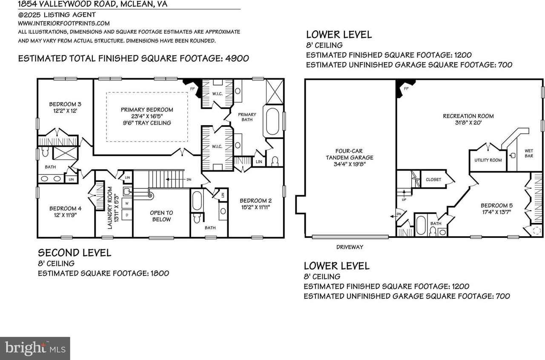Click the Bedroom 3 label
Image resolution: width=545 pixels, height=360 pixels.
click(x=65, y=104)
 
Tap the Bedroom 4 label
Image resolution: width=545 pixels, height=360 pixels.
click(x=65, y=208)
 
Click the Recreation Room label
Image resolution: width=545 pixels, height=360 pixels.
click(x=468, y=116)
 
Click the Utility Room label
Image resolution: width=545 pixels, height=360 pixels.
click(x=488, y=160)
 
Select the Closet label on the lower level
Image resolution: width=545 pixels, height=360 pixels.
click(x=433, y=180)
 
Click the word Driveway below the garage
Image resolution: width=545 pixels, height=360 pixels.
click(x=350, y=247)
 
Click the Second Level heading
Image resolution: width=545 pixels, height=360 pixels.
click(x=75, y=252)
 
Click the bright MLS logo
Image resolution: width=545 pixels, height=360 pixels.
click(x=35, y=348)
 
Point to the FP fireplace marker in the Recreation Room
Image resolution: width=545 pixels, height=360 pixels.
click(x=406, y=89)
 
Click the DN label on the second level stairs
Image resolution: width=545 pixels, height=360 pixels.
click(x=189, y=180)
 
